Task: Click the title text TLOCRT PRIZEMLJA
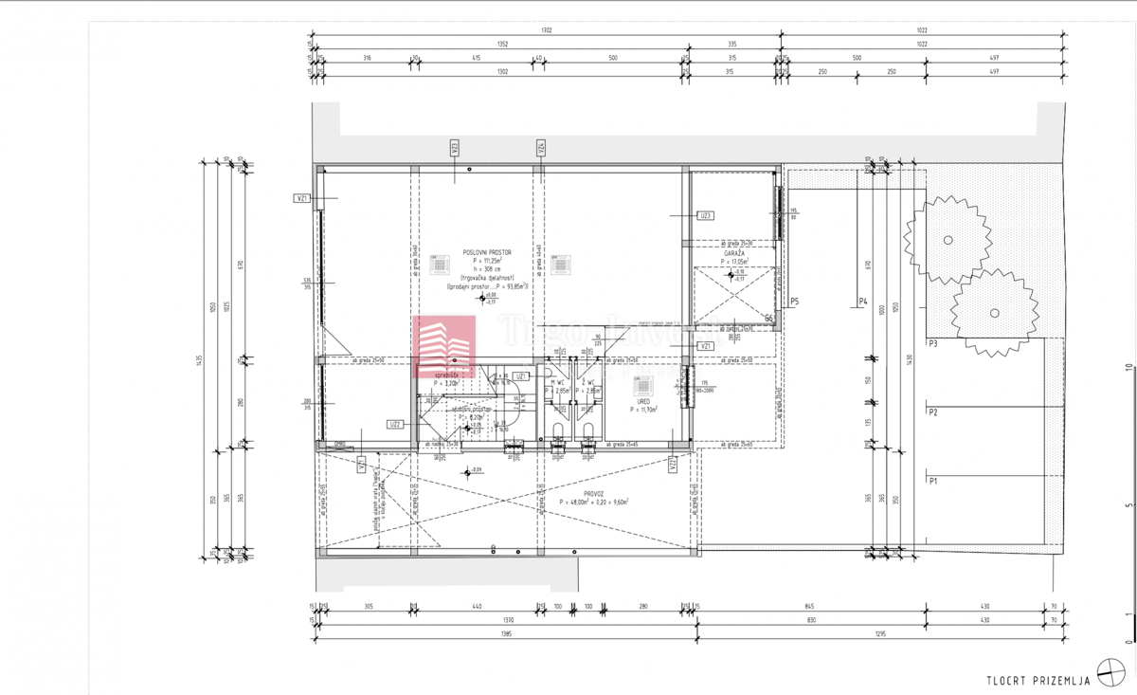(1038, 680)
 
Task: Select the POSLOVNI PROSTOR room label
(487, 252)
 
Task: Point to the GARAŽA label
(733, 253)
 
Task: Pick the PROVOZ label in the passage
(594, 494)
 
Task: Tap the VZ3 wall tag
(456, 148)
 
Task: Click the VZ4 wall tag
(542, 148)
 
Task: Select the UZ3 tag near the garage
(705, 216)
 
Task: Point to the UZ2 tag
(396, 424)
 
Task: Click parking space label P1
(933, 482)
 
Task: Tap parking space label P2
(933, 412)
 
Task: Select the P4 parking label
(863, 302)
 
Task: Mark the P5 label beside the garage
(794, 302)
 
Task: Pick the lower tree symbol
(993, 313)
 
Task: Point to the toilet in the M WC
(557, 433)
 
